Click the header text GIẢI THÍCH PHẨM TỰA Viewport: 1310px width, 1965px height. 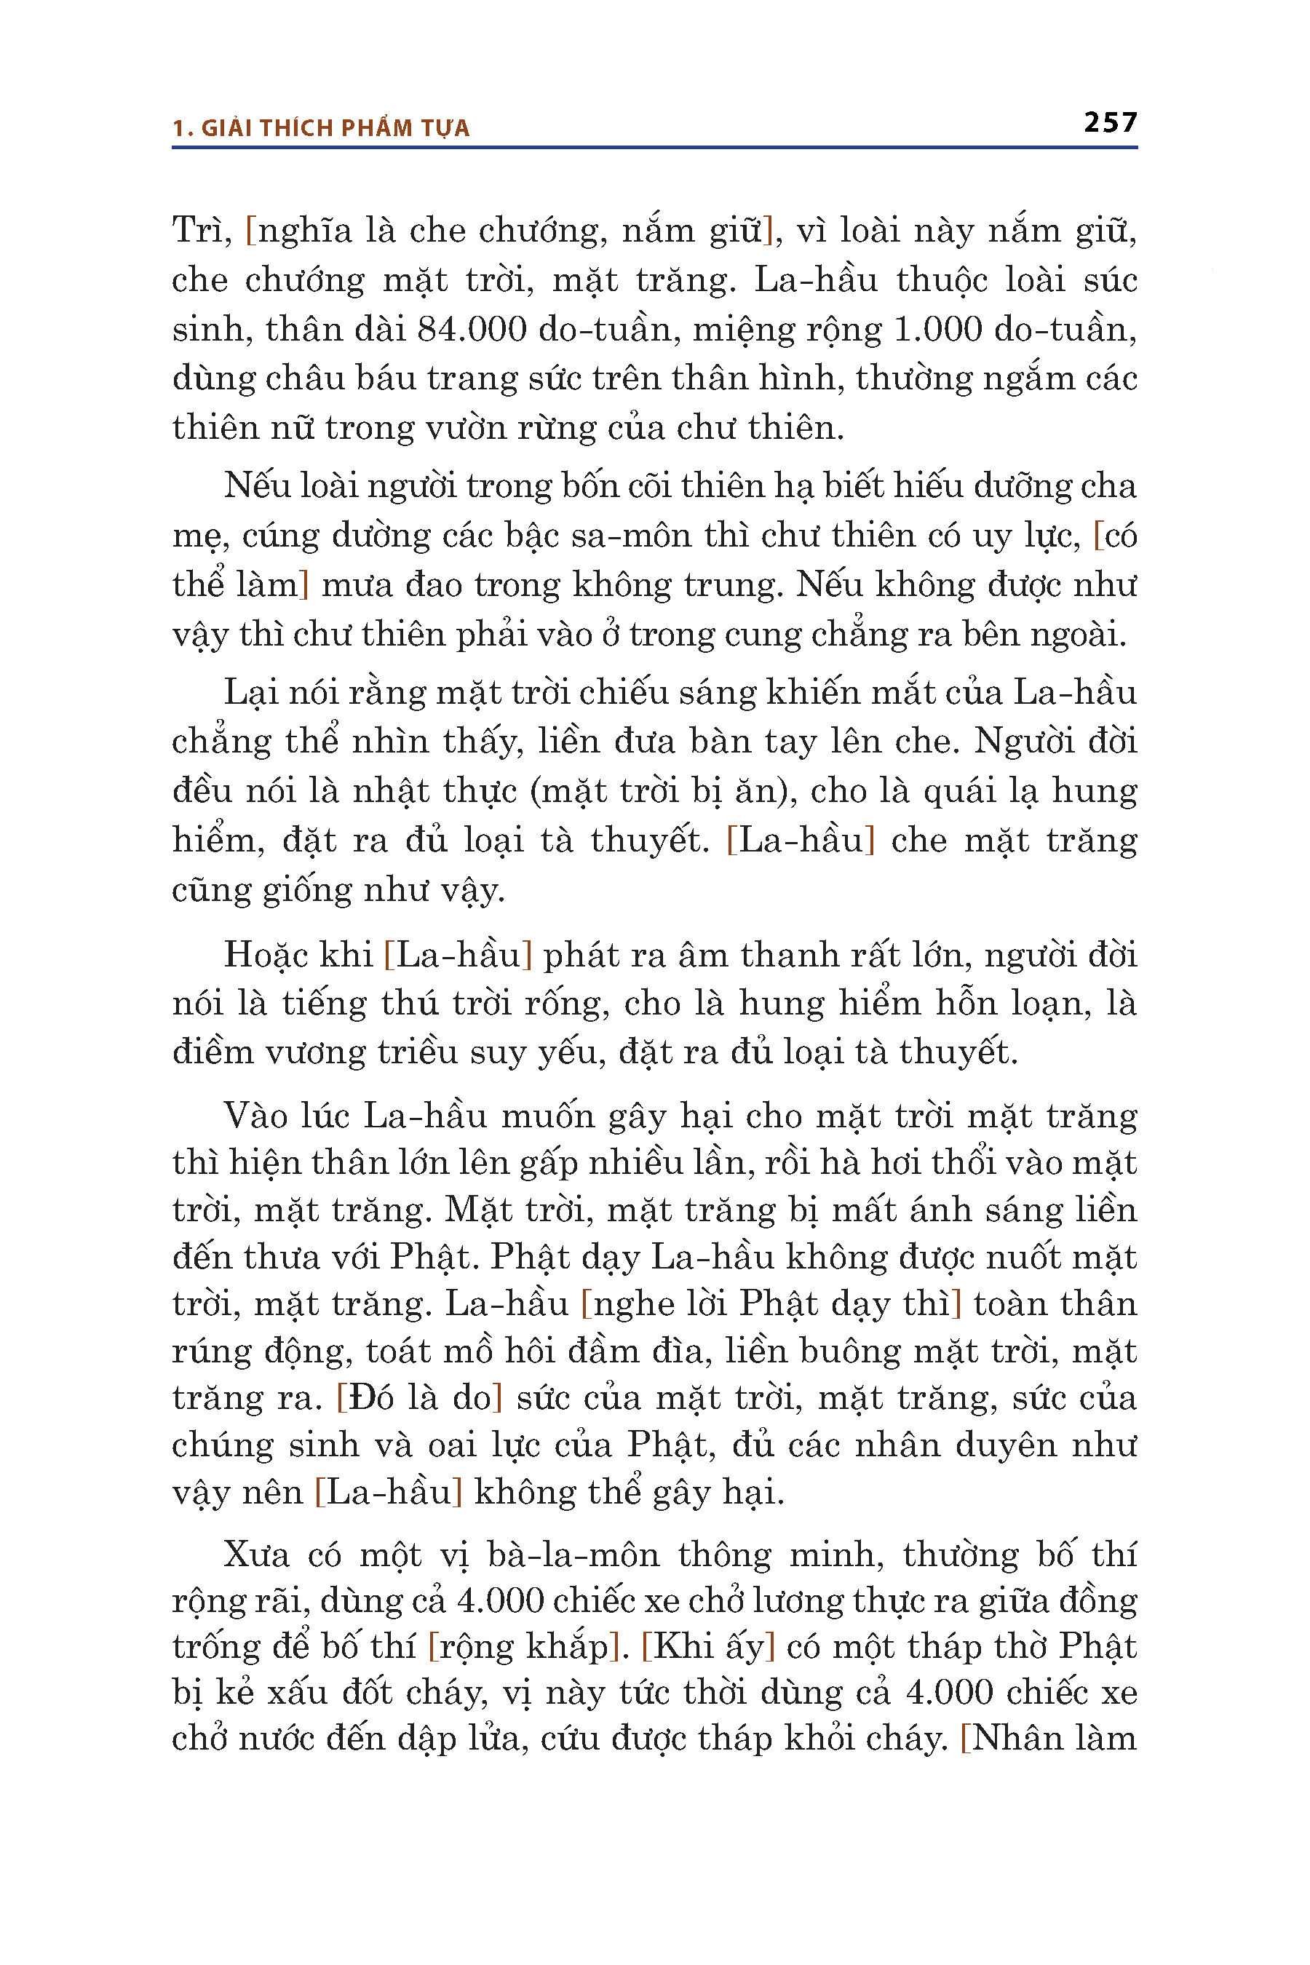click(x=334, y=128)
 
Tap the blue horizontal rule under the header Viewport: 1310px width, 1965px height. click(x=654, y=148)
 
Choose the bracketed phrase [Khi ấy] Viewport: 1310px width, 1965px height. click(x=708, y=1646)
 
